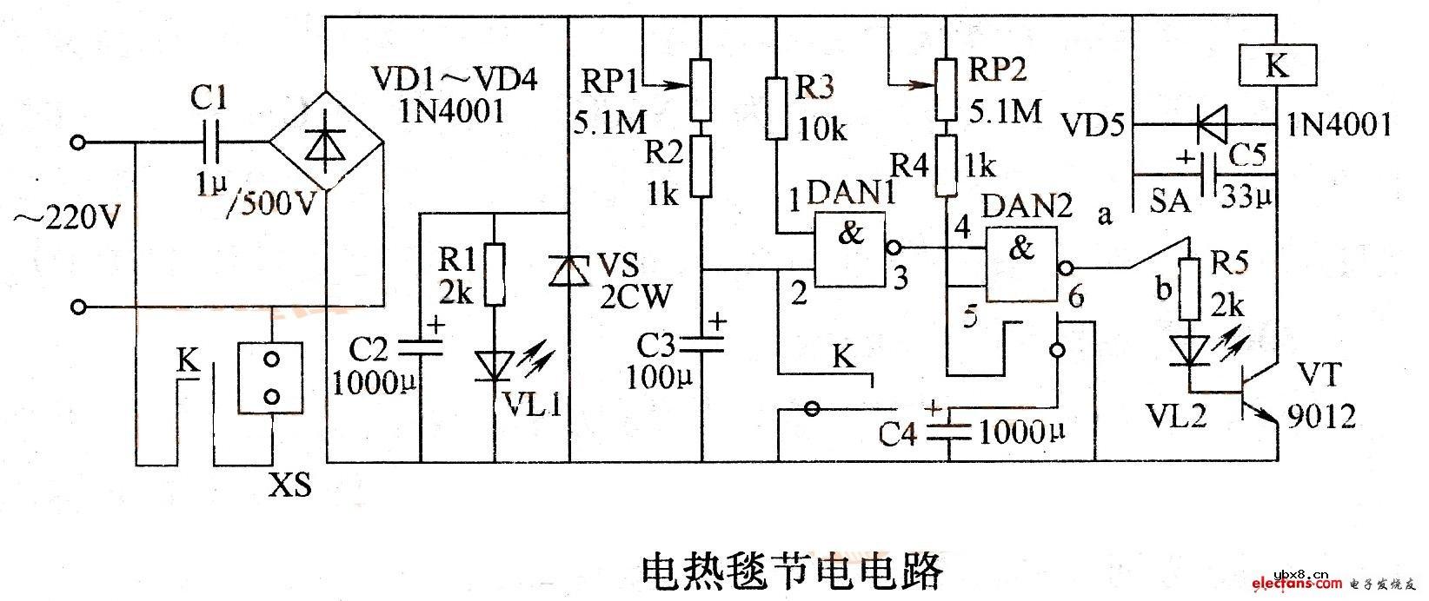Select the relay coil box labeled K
(x=1277, y=65)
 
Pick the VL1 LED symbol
(x=494, y=365)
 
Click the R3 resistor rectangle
(x=777, y=109)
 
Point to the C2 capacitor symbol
(x=420, y=347)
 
